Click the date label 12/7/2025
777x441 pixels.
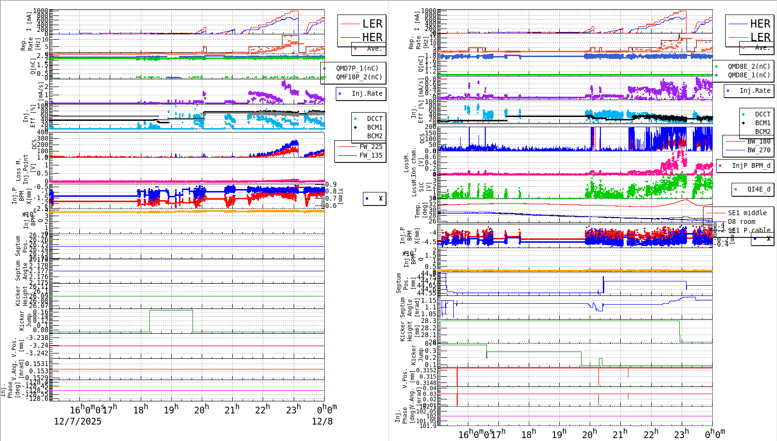[x=77, y=421]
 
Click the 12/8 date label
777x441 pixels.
[x=322, y=421]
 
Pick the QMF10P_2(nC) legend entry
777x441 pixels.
[x=359, y=77]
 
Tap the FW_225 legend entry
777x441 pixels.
[x=370, y=147]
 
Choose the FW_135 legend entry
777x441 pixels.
[x=370, y=155]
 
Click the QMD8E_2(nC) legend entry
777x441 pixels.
[x=748, y=66]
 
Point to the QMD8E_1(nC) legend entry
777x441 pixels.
[x=748, y=75]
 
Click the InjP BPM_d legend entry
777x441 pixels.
[x=750, y=165]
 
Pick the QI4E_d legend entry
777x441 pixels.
[x=758, y=189]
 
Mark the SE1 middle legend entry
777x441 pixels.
[x=747, y=213]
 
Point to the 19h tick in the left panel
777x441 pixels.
[x=171, y=410]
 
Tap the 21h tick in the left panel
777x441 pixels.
[x=232, y=410]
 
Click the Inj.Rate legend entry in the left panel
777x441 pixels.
[x=366, y=93]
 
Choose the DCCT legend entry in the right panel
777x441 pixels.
[x=762, y=115]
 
